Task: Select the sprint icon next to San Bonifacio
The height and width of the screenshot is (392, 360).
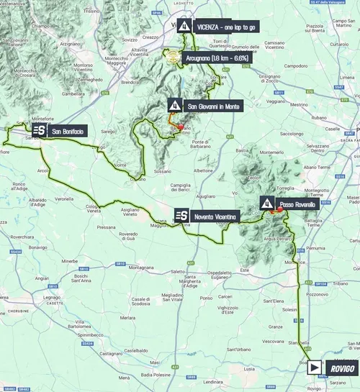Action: click(x=39, y=129)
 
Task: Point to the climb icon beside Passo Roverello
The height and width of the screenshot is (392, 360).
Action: click(x=266, y=203)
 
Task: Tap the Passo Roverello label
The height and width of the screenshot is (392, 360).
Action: click(x=297, y=204)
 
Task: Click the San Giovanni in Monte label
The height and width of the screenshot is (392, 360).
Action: click(x=214, y=106)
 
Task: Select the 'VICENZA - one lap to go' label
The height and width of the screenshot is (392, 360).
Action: click(x=224, y=27)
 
